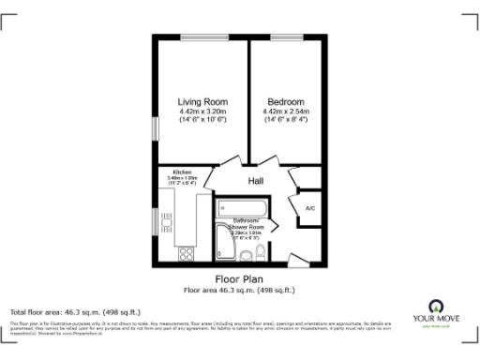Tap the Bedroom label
point(285,101)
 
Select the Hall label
point(256,180)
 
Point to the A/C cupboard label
point(310,208)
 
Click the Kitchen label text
point(182,172)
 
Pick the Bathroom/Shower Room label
point(243,223)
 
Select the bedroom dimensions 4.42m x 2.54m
point(285,112)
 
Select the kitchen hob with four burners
point(186,251)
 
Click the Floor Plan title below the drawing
point(239,279)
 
